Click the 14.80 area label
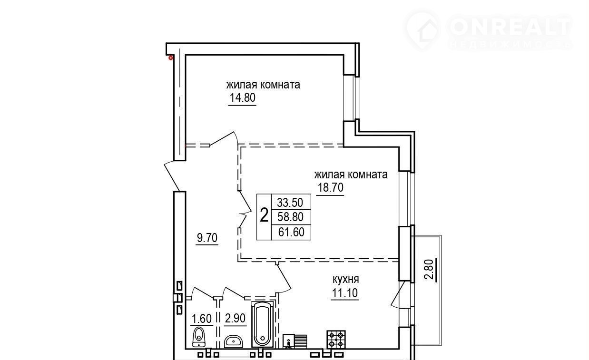click(243, 98)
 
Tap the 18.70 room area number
click(331, 188)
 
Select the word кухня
click(345, 279)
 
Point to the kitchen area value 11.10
click(345, 293)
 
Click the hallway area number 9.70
click(207, 238)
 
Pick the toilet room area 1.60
click(202, 319)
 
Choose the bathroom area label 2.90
click(235, 319)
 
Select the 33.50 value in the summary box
click(290, 203)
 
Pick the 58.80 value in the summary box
click(290, 217)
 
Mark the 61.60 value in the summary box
click(291, 232)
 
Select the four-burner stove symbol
click(336, 339)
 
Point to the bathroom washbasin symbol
click(234, 341)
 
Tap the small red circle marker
click(171, 58)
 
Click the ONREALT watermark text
click(510, 26)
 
